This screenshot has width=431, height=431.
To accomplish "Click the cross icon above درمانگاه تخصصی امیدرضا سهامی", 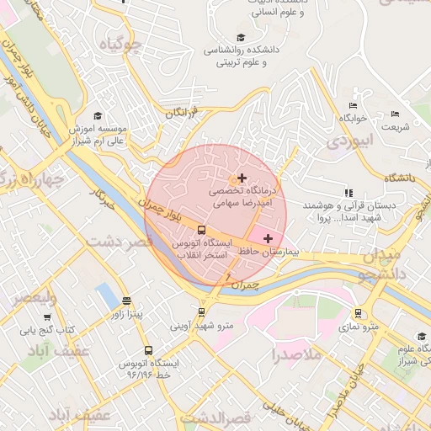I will point(242,178).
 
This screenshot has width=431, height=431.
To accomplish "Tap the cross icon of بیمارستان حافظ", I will point(268,239).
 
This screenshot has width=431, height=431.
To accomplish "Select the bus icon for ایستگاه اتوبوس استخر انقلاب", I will point(200,229).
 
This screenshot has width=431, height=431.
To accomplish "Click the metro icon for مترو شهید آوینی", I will point(201,311).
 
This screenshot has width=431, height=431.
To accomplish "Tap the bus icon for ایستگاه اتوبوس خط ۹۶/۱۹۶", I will point(149,350).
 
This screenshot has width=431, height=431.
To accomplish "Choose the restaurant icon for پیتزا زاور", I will point(126,301).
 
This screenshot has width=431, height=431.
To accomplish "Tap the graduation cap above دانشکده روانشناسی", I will point(242,37).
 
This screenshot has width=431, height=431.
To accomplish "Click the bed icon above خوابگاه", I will point(353,106).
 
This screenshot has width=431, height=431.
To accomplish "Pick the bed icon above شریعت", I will point(395,114).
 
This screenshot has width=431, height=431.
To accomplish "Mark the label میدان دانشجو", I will point(389,264).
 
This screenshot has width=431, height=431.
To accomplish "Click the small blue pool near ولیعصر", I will point(107,295).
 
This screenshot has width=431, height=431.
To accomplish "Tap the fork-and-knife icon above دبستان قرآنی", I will point(349,193).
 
